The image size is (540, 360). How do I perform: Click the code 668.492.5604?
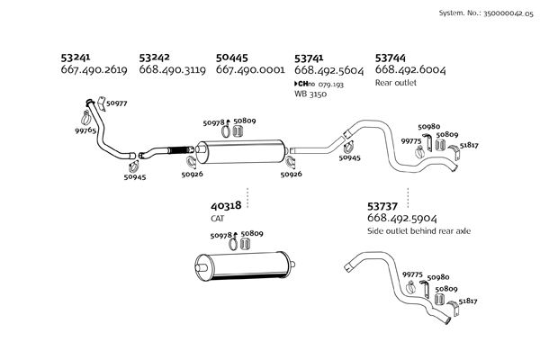pos(329,69)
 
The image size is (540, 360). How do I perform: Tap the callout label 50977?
pos(116,103)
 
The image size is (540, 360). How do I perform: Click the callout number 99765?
pos(86,130)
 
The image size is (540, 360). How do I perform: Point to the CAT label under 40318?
pos(217,218)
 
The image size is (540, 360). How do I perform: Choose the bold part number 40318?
pos(226,205)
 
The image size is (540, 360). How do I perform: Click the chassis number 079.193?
pos(332,83)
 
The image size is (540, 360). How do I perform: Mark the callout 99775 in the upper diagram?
pos(411,141)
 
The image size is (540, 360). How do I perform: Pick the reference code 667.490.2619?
pos(94,69)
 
